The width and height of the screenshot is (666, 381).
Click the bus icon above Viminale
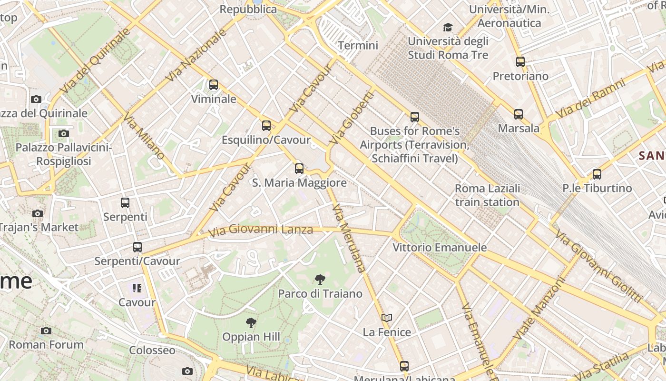tap(214, 85)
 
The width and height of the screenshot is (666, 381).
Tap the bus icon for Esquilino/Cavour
tap(266, 126)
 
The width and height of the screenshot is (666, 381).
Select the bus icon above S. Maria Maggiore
tap(299, 168)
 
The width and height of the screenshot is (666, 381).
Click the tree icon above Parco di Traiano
tap(320, 280)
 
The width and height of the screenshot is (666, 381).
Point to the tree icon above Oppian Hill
tap(251, 323)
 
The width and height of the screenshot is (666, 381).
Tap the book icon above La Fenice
tap(387, 318)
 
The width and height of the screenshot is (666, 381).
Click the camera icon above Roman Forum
tap(46, 331)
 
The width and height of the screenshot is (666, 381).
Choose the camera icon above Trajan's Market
tap(38, 213)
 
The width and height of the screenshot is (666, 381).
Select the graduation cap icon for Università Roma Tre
tap(448, 27)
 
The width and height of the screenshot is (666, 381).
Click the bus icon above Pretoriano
tap(520, 62)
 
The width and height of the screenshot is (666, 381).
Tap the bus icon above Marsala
tap(519, 114)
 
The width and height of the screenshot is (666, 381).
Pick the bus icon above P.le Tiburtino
tap(597, 174)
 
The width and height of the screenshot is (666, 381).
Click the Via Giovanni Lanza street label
tap(261, 230)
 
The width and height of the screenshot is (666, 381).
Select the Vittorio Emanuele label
tap(440, 248)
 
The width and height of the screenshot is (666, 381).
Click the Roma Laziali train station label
tap(487, 195)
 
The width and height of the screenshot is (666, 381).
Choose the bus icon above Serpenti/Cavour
tap(137, 247)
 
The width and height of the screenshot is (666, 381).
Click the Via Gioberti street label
tap(352, 118)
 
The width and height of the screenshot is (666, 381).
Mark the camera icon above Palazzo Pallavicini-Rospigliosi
tap(64, 134)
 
